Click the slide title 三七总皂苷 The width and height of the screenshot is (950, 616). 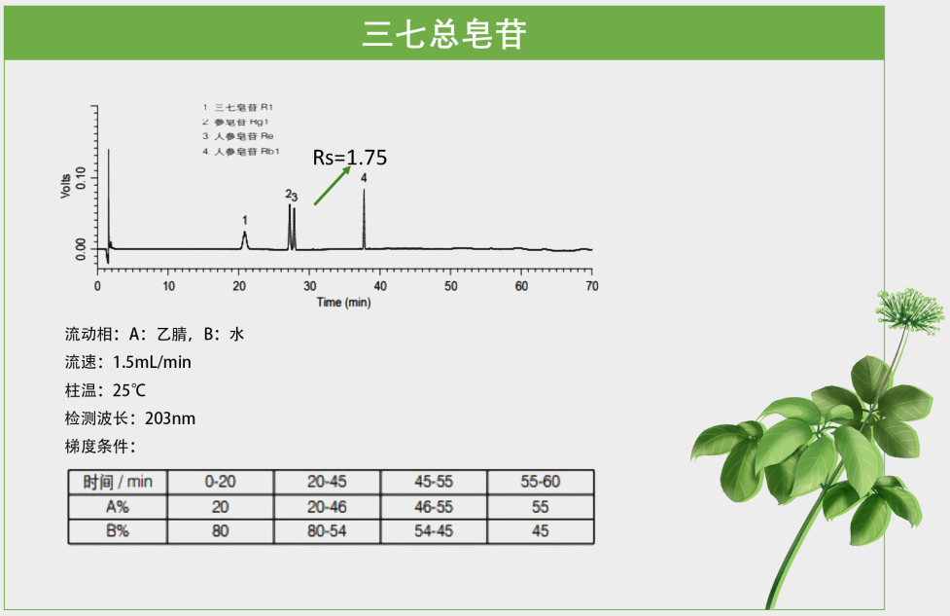click(444, 34)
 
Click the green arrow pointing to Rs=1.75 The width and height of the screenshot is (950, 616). click(332, 185)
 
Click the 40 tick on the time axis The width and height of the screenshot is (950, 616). click(380, 286)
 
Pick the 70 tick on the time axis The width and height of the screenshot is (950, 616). click(591, 286)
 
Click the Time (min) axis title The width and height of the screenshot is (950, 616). click(344, 303)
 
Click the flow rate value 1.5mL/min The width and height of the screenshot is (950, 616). click(152, 362)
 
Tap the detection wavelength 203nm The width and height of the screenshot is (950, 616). click(170, 418)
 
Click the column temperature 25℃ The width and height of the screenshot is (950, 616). click(129, 390)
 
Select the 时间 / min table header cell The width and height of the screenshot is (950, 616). click(118, 482)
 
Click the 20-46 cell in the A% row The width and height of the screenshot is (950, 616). click(327, 507)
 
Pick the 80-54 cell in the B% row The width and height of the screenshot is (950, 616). click(327, 531)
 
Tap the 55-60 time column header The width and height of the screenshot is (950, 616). click(540, 482)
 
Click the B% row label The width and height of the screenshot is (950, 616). click(118, 531)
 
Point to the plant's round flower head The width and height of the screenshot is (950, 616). click(910, 308)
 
